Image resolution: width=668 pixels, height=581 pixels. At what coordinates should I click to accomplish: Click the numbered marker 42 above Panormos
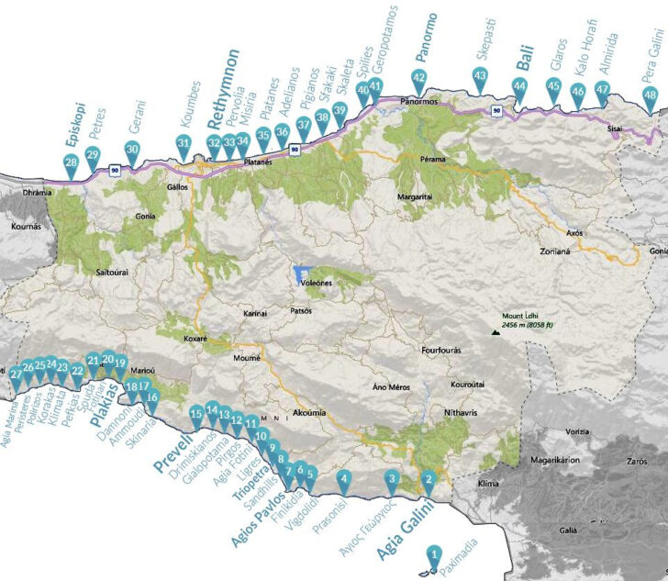419,79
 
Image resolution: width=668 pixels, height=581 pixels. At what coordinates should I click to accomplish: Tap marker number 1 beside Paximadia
435,554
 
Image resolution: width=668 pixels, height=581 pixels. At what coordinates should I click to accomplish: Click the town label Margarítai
415,197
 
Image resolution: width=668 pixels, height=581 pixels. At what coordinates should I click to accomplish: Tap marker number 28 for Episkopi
71,163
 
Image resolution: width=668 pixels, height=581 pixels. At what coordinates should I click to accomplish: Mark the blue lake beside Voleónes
300,274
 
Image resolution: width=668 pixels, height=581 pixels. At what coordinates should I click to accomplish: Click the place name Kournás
21,223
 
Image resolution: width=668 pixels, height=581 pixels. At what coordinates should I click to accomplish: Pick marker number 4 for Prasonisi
344,477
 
